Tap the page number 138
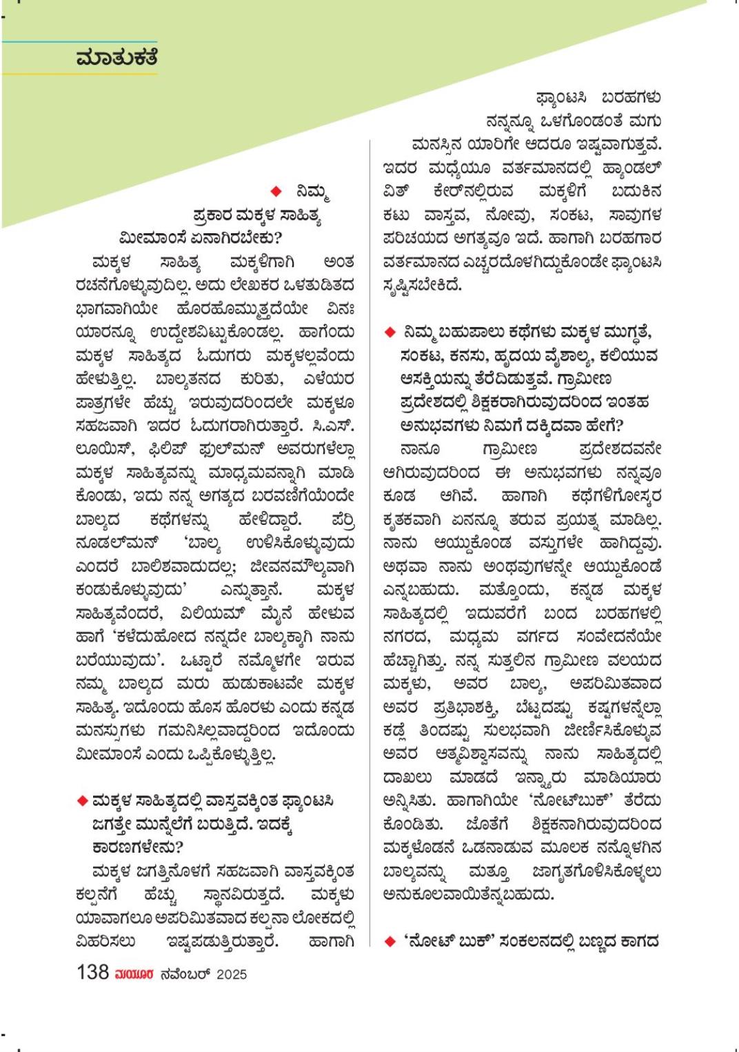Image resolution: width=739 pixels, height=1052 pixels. (93, 973)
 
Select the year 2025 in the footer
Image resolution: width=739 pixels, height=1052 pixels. (231, 975)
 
